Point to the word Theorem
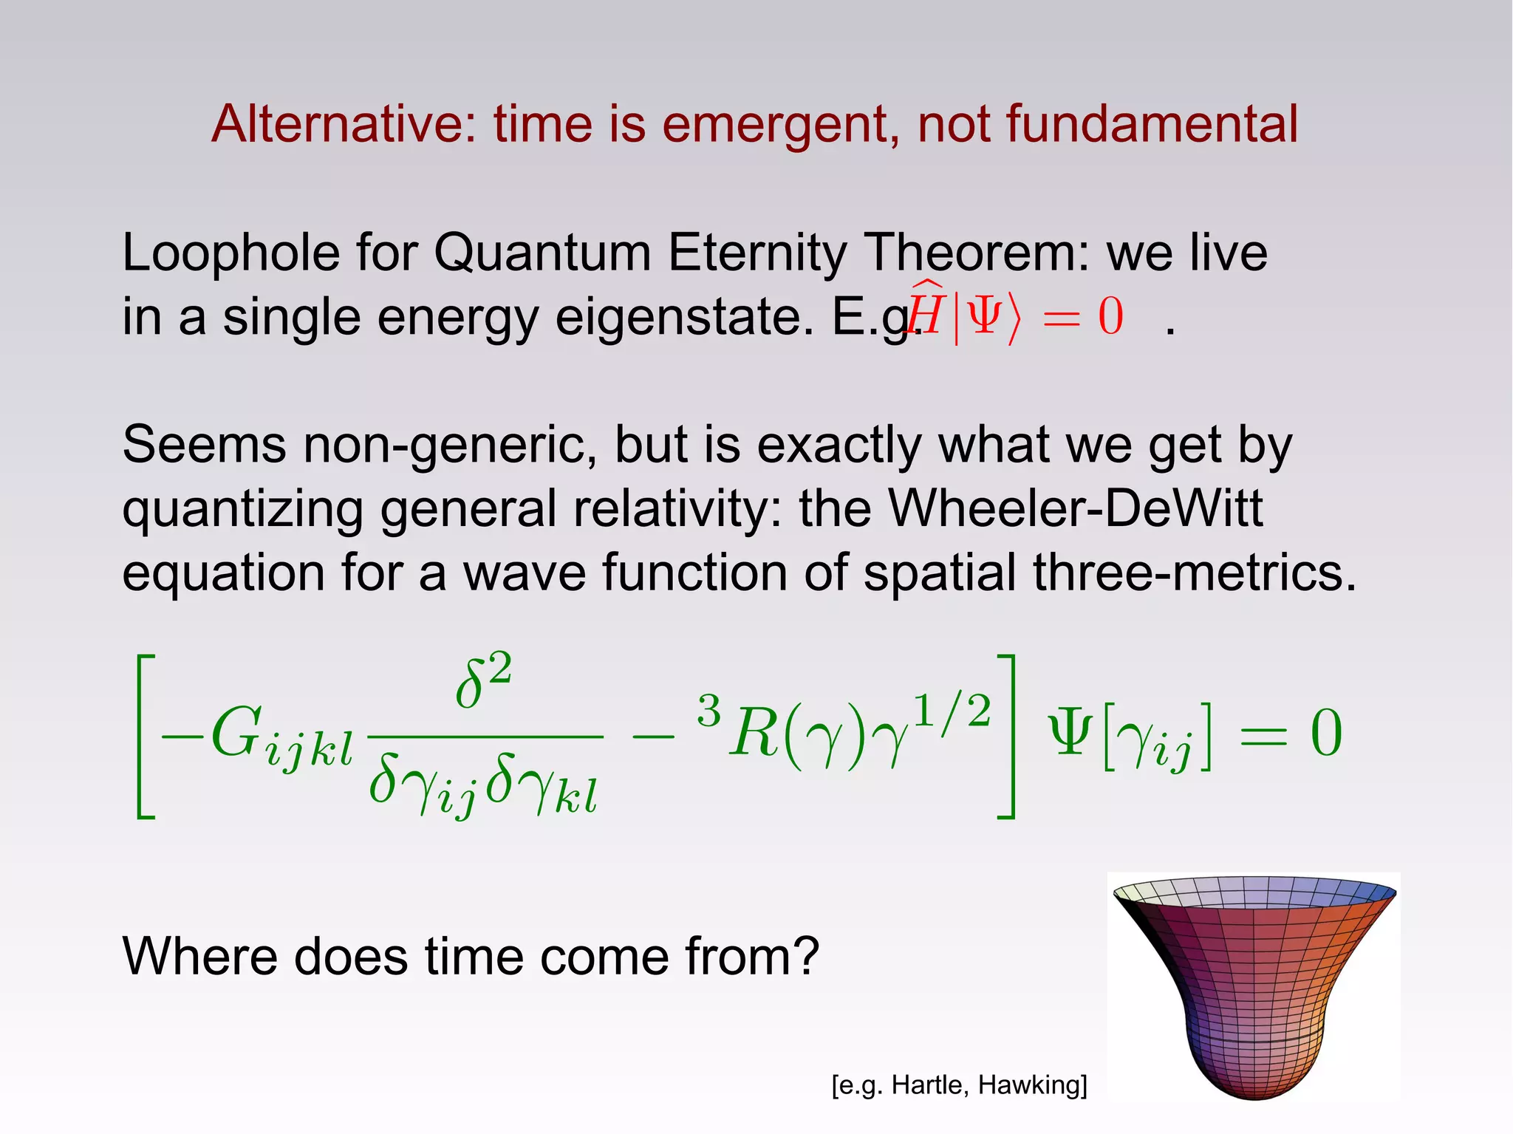point(976,253)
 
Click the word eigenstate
point(683,318)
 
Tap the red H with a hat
point(924,313)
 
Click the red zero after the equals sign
point(1110,318)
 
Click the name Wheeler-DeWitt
point(1074,509)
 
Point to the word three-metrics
point(1194,573)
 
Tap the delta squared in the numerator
point(483,680)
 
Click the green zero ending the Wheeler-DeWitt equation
point(1326,734)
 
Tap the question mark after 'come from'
point(804,957)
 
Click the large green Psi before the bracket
point(1071,733)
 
